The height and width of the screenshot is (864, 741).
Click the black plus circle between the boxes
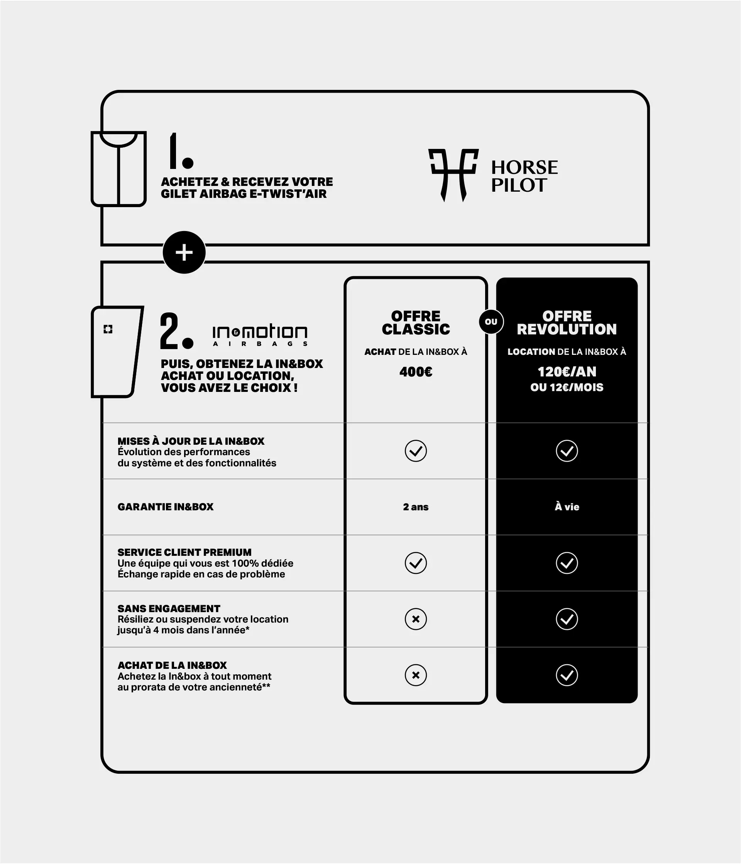tap(184, 252)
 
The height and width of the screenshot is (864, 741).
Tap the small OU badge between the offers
tap(491, 322)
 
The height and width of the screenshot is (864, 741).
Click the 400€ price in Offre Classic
tap(416, 371)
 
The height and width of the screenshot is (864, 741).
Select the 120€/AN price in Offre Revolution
tap(567, 371)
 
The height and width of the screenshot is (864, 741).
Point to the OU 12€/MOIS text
tap(567, 387)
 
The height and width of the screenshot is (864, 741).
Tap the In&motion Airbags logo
tap(260, 335)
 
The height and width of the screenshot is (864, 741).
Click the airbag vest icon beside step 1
tap(118, 169)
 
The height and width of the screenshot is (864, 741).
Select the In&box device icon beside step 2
tap(117, 351)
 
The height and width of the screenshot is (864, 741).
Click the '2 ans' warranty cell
tap(416, 507)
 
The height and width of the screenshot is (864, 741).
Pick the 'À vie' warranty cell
tap(567, 507)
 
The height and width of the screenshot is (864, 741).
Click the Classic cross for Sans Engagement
tap(416, 619)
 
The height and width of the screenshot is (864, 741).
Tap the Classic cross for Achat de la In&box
tap(416, 675)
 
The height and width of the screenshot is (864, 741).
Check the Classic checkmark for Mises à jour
tap(416, 451)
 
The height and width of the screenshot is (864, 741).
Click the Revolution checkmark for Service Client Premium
tap(567, 563)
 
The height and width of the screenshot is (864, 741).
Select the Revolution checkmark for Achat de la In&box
tap(567, 675)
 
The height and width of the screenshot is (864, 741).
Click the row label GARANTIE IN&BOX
tap(165, 507)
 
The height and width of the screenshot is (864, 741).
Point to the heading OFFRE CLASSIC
tap(416, 322)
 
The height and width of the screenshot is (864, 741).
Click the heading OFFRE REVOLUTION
tap(567, 322)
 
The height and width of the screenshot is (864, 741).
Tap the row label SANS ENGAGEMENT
tap(169, 608)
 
